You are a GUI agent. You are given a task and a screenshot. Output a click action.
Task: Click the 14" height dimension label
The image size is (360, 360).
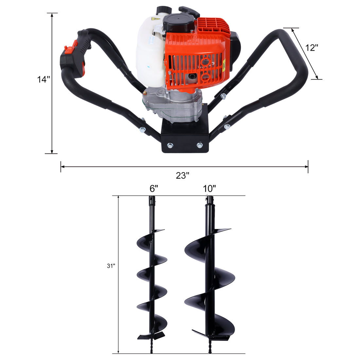point(43,80)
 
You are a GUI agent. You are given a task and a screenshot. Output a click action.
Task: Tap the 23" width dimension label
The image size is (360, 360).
point(183,175)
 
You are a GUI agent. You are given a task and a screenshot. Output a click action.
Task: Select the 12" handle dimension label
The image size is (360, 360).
point(312,47)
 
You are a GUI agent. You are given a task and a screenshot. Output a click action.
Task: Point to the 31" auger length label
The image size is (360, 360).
point(111,266)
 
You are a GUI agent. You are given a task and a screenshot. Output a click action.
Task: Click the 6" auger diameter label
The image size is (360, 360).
point(154,189)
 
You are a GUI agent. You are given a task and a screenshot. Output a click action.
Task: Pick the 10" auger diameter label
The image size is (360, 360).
point(209,189)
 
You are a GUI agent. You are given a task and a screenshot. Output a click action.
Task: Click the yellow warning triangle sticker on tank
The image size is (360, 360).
point(156,20)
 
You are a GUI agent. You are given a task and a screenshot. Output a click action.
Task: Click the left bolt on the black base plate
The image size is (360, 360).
point(170,145)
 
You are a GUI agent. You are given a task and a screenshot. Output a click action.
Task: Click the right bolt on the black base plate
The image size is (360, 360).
point(199,145)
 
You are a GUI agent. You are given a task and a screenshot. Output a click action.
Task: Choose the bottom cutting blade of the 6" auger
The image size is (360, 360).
point(151,335)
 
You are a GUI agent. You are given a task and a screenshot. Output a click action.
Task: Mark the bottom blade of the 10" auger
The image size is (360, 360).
point(213,333)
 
